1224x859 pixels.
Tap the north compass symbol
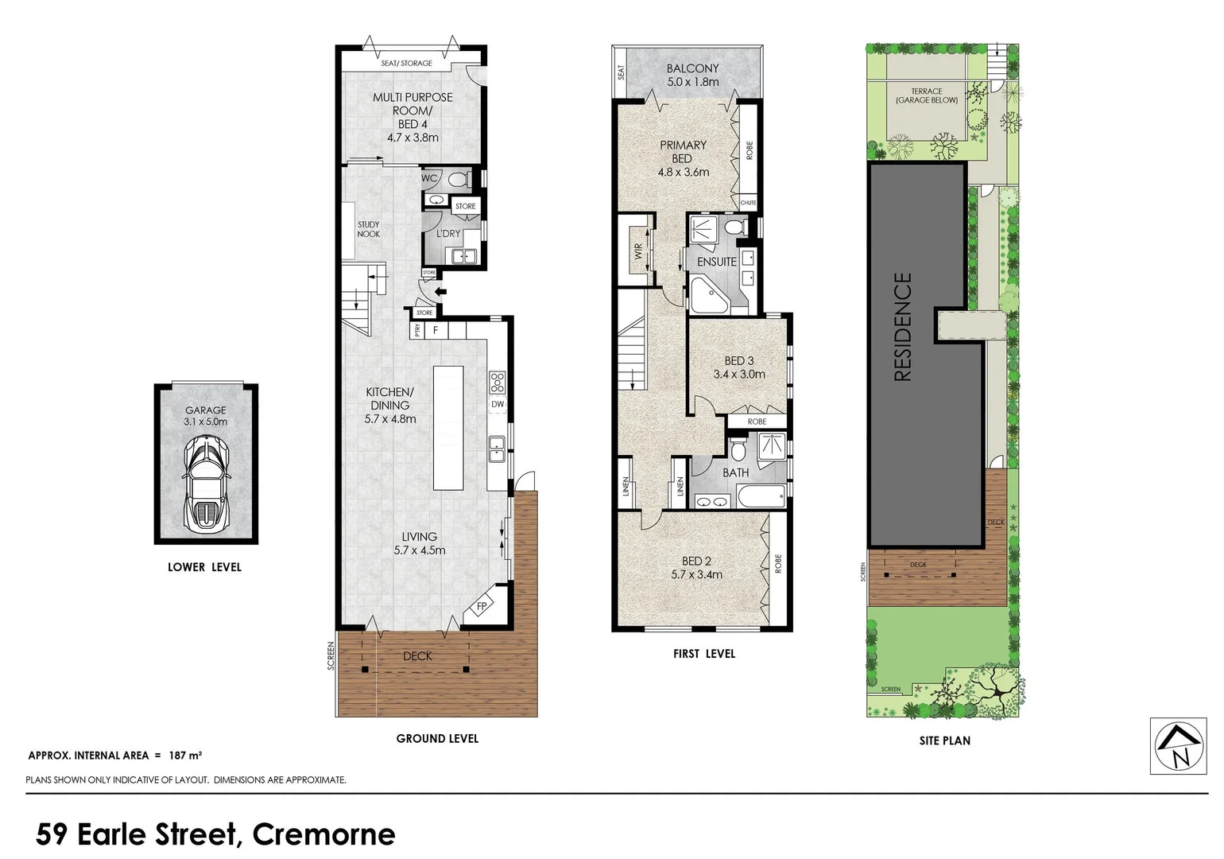click(x=1178, y=745)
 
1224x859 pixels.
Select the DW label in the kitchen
click(x=498, y=404)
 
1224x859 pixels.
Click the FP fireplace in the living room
click(x=481, y=606)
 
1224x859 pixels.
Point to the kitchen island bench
click(x=447, y=427)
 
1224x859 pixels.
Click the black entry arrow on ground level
click(x=440, y=292)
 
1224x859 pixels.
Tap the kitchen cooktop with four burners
click(x=498, y=383)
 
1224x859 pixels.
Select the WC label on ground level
click(x=429, y=178)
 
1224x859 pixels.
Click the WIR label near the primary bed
click(x=638, y=251)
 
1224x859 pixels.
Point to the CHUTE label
click(x=748, y=204)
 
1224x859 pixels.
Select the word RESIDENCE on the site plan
click(x=903, y=327)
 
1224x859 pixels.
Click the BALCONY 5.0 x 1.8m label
click(x=692, y=75)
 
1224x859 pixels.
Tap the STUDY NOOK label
click(x=368, y=229)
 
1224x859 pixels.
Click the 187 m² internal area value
click(x=185, y=756)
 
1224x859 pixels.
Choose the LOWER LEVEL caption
click(x=204, y=567)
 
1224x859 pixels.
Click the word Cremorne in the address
click(x=323, y=834)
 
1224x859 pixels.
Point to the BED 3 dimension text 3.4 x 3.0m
click(x=739, y=374)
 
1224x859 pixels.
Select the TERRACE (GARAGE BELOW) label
click(x=927, y=95)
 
